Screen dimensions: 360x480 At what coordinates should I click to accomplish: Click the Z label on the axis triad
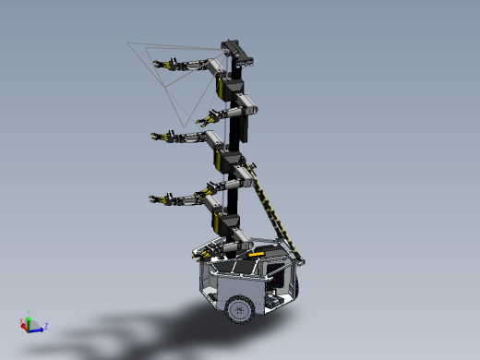click(x=46, y=326)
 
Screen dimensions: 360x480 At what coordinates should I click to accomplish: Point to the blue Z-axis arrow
click(x=38, y=327)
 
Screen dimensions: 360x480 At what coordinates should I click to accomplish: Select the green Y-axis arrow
click(x=29, y=319)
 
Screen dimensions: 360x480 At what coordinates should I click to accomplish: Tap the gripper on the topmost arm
click(x=165, y=65)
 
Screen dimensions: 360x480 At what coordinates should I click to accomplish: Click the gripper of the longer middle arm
click(x=162, y=137)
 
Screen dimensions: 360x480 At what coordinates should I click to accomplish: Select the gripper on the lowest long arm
click(x=159, y=198)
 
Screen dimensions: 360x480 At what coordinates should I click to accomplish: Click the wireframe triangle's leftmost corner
click(x=127, y=42)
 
